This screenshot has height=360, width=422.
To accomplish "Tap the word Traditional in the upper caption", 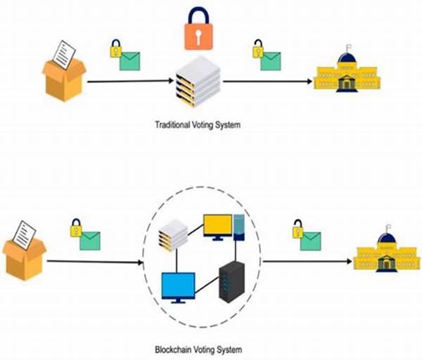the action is (x=172, y=125).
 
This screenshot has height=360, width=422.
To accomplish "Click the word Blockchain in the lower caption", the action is (x=172, y=349).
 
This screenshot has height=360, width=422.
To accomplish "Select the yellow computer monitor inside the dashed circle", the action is (x=218, y=227).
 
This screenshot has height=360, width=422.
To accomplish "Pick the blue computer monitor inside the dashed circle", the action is (x=179, y=288).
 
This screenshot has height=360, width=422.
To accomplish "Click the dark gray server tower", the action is (x=231, y=281).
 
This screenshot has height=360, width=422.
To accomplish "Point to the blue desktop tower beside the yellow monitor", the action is (x=238, y=227).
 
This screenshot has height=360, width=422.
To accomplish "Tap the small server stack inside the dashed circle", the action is (x=173, y=235).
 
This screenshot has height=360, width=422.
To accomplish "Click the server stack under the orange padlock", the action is (x=198, y=82).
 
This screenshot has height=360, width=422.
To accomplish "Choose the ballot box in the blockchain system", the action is (x=24, y=251).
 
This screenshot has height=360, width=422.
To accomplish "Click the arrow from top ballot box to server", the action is (x=131, y=81).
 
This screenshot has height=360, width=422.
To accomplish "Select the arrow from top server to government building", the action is (x=267, y=82).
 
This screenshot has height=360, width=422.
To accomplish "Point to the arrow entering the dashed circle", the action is (x=95, y=262).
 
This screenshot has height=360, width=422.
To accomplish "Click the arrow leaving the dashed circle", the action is (x=307, y=261).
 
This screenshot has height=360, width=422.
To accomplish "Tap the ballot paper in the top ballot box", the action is (x=64, y=55).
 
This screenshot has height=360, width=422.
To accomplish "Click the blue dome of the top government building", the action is (x=347, y=58).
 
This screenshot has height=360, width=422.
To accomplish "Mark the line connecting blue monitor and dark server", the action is (x=207, y=285).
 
